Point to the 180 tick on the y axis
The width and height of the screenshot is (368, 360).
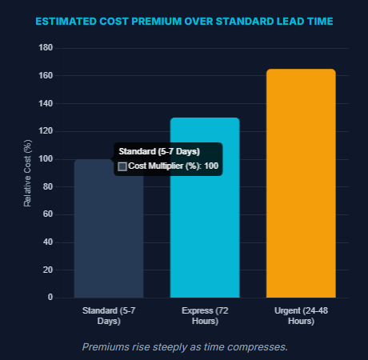(46, 48)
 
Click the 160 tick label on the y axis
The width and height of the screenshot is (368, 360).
(46, 76)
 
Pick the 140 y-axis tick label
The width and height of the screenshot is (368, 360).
(46, 104)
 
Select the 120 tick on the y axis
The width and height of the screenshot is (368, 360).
(46, 131)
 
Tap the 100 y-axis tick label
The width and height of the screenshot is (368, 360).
(46, 159)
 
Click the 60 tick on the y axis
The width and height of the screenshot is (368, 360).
(48, 214)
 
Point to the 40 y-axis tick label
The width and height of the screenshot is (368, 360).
(48, 242)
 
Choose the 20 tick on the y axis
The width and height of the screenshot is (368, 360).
(48, 270)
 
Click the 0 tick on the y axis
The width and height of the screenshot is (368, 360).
(50, 298)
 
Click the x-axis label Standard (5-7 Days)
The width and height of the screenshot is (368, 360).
(109, 315)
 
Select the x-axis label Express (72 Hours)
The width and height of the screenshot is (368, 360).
(205, 315)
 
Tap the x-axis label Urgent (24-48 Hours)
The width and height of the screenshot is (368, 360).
(300, 315)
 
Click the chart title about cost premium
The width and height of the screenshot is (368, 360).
(184, 22)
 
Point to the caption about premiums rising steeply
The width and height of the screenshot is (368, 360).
(184, 346)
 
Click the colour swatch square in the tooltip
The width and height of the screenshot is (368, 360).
(122, 166)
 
